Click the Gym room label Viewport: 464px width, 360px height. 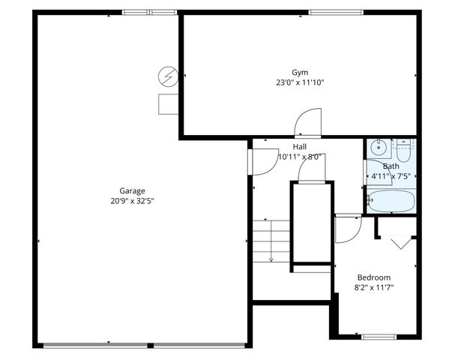(300, 72)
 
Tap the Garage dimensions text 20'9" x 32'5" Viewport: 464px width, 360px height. (132, 200)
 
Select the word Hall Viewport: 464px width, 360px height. (300, 147)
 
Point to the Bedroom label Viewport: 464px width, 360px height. (373, 277)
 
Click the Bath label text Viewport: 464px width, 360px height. (391, 166)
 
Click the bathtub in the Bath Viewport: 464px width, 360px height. (390, 200)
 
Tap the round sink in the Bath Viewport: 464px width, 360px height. (379, 146)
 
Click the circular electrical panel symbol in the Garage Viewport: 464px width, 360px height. (168, 76)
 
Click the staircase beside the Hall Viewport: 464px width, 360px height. (271, 240)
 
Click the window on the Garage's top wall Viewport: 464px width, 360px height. (149, 12)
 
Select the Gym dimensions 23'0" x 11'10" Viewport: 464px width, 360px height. (300, 82)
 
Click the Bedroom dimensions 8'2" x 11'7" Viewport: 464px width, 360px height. (373, 287)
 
